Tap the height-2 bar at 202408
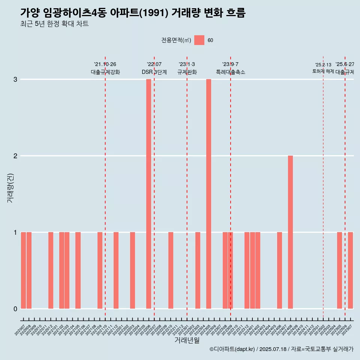click(290, 232)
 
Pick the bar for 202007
click(23, 270)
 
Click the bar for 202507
click(350, 270)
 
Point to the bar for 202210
click(171, 270)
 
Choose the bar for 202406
click(279, 270)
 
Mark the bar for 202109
click(100, 270)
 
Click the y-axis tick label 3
click(15, 79)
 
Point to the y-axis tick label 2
click(15, 156)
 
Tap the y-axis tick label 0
click(15, 309)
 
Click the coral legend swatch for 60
click(199, 40)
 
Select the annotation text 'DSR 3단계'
click(154, 72)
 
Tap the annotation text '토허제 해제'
click(323, 71)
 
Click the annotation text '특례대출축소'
click(231, 72)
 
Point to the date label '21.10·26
click(105, 64)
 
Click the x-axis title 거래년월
click(187, 340)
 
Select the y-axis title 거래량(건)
click(10, 187)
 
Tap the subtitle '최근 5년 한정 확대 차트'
click(54, 24)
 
